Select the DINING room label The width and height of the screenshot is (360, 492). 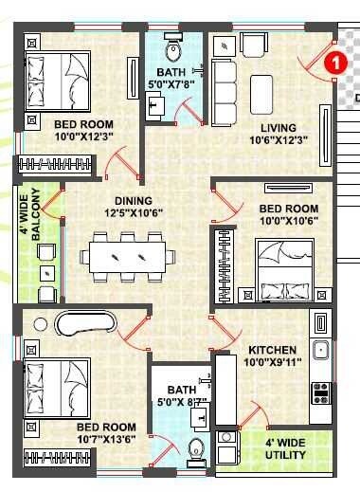[133, 201]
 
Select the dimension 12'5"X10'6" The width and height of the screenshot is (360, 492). [133, 215]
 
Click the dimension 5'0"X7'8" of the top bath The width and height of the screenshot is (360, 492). [171, 82]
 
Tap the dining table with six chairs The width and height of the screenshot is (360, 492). [129, 256]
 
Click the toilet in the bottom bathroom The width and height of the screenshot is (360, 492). [196, 449]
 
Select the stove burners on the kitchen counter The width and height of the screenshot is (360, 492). [320, 388]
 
